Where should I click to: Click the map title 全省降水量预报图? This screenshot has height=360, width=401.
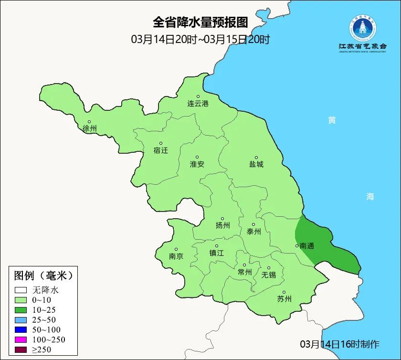[200, 22]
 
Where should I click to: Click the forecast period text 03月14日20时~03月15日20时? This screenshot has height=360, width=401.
[200, 39]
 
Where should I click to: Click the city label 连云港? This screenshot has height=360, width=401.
[198, 104]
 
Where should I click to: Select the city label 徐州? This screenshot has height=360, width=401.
[89, 129]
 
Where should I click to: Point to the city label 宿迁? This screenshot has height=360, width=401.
[161, 150]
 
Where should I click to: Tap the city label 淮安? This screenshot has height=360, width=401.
[197, 164]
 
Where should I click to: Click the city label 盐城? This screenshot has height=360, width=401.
[256, 164]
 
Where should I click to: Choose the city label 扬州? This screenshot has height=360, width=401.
[222, 225]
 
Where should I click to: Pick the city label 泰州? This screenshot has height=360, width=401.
[253, 232]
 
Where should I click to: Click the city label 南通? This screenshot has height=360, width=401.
[307, 246]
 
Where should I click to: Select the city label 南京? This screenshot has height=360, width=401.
[176, 256]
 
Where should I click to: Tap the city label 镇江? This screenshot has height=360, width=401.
[216, 253]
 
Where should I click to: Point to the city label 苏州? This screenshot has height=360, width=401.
[284, 299]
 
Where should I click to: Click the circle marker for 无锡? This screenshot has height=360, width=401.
[268, 268]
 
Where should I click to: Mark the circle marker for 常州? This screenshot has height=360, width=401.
[244, 265]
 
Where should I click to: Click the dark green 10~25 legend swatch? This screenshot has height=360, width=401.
[21, 310]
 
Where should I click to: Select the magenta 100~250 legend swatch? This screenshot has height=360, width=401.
[21, 339]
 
